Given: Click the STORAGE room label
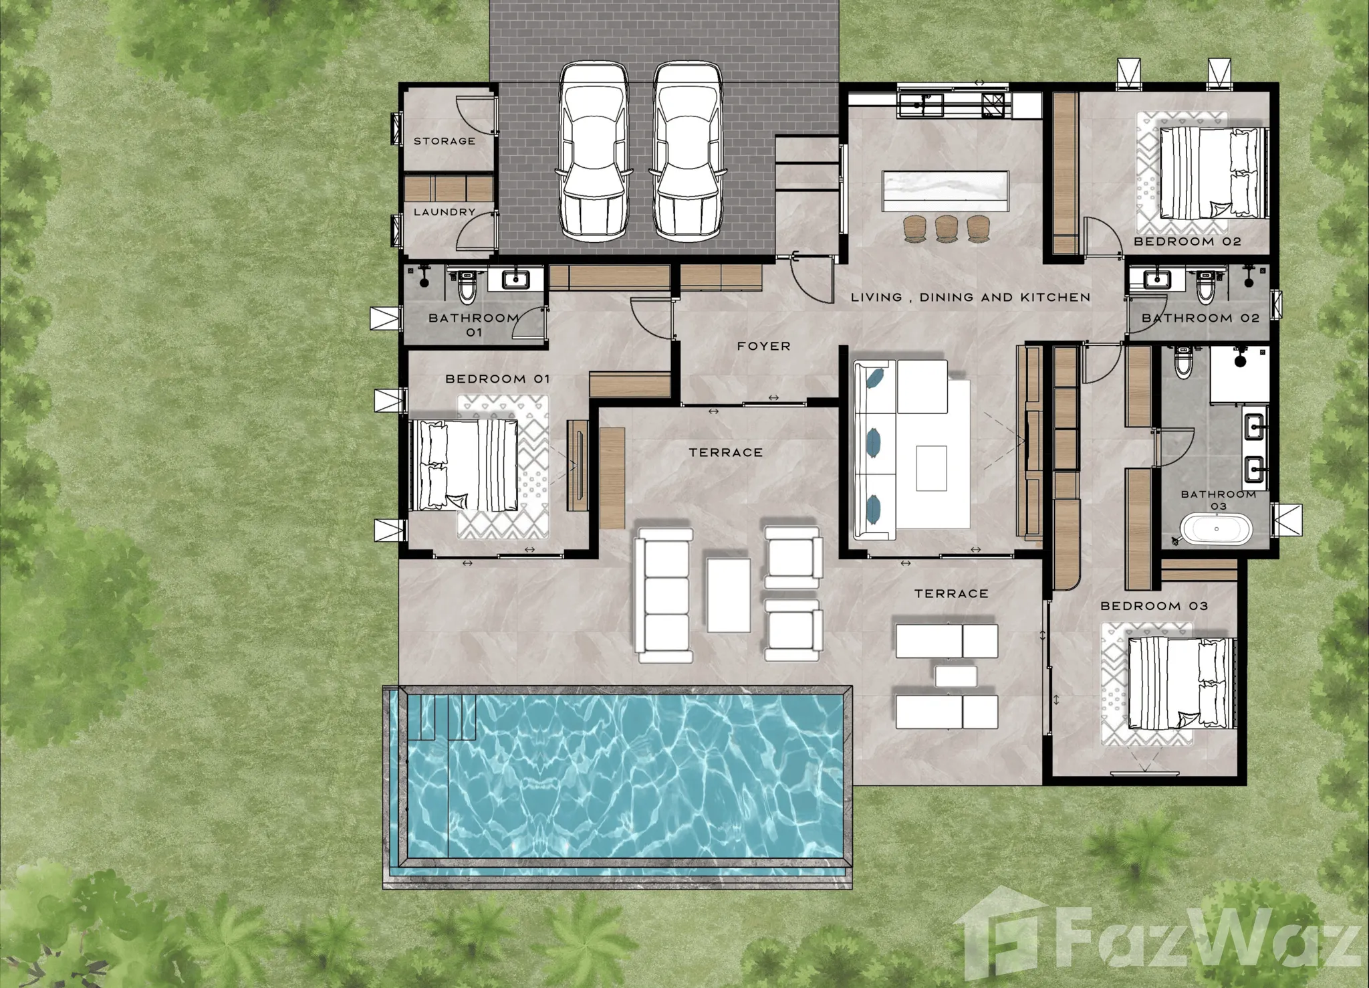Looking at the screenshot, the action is (x=445, y=141).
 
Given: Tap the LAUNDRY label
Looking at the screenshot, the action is (x=445, y=212).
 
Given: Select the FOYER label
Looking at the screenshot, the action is (x=764, y=346).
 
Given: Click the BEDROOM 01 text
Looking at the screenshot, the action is (x=497, y=379).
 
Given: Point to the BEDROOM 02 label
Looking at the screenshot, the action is (x=1187, y=241).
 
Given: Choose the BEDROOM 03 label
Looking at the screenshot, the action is (x=1154, y=606).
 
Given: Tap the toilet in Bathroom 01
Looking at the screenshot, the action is (x=466, y=285).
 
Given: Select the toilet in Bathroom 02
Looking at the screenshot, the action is (x=1205, y=285).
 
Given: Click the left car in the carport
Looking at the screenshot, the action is (x=593, y=151).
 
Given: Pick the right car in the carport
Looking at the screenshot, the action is (x=688, y=151).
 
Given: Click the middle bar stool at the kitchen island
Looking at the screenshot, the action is (x=947, y=228).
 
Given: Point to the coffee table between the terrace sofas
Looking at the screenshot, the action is (x=729, y=595).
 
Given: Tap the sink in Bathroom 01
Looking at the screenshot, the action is (x=515, y=279).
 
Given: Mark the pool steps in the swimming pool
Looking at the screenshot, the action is (x=442, y=717).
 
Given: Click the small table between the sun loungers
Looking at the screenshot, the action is (x=956, y=676).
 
